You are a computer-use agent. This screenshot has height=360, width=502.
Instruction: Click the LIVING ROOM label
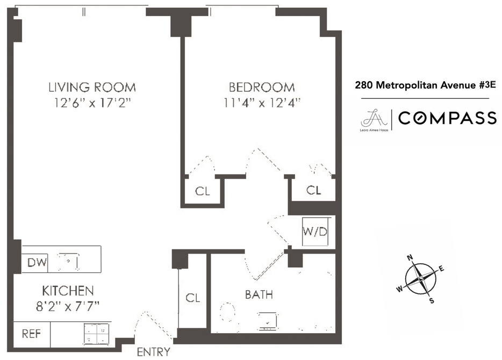tap(92, 87)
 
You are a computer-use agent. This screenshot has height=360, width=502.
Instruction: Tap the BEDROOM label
tap(262, 87)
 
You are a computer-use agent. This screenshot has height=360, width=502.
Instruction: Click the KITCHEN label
tap(68, 291)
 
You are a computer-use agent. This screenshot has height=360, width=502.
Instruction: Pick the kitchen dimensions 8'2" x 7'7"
tap(68, 306)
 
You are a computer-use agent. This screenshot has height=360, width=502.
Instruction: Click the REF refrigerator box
tap(31, 333)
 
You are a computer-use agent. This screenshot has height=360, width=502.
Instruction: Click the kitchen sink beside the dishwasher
tap(69, 262)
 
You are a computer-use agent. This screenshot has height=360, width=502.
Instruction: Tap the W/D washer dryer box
tap(314, 231)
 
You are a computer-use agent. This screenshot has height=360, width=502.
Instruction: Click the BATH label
tap(259, 294)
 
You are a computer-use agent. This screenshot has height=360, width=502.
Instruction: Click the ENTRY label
tap(153, 352)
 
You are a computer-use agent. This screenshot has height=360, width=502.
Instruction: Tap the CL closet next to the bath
tap(192, 297)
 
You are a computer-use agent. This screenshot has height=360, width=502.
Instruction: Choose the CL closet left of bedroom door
tap(202, 191)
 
